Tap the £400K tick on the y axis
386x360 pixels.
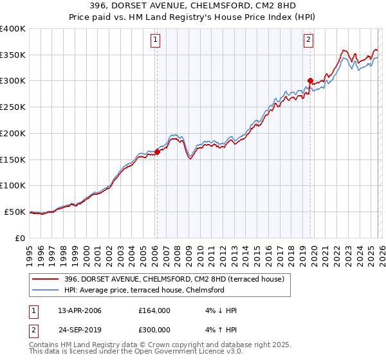13,29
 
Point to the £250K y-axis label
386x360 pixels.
13,107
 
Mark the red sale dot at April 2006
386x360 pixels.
157,152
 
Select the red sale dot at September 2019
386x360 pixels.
310,81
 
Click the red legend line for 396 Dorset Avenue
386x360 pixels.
46,278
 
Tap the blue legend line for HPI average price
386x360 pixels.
46,290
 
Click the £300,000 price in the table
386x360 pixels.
154,330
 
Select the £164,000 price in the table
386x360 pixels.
154,310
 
